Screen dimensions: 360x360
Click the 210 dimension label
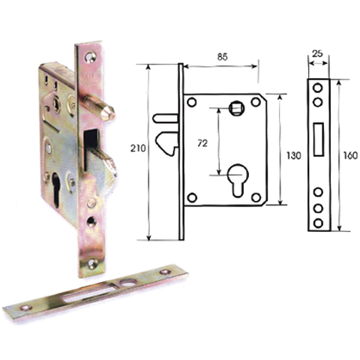click(138, 148)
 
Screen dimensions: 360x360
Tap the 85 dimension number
click(222, 57)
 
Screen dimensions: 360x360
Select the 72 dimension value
click(202, 143)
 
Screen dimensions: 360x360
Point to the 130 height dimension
click(294, 156)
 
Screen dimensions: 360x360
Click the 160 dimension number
click(350, 156)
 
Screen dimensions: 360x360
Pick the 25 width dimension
click(317, 54)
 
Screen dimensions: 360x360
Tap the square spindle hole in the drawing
click(236, 109)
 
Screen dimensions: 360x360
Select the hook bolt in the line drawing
click(167, 143)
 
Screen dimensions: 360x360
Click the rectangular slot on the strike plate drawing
click(319, 139)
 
